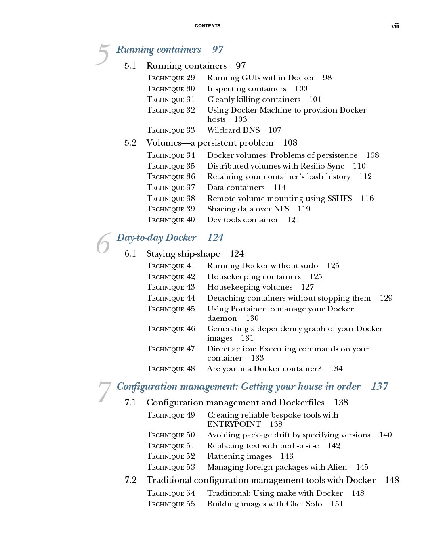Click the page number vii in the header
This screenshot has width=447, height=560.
tap(395, 26)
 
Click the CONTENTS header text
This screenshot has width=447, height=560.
tap(208, 26)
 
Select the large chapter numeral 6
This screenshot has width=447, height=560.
tap(103, 243)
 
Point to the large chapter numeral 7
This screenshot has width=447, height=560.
tap(104, 392)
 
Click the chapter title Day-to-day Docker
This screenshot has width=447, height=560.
tap(157, 238)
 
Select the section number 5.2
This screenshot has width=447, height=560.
tap(130, 143)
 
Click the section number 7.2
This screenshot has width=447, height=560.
tap(130, 480)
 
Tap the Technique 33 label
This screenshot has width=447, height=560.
tap(171, 130)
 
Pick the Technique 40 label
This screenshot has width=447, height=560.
tap(171, 220)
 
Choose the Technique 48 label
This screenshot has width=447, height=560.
tap(171, 369)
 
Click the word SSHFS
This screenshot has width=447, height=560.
tap(340, 199)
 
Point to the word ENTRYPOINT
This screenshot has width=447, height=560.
tap(234, 424)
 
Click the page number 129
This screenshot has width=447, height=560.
tap(386, 298)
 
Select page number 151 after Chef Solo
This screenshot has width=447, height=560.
tap(337, 504)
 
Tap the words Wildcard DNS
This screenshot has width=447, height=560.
tap(233, 130)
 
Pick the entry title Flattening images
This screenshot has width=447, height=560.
tap(239, 456)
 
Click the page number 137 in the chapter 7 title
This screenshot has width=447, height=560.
tap(380, 387)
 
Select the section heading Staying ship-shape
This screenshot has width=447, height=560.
tap(183, 254)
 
